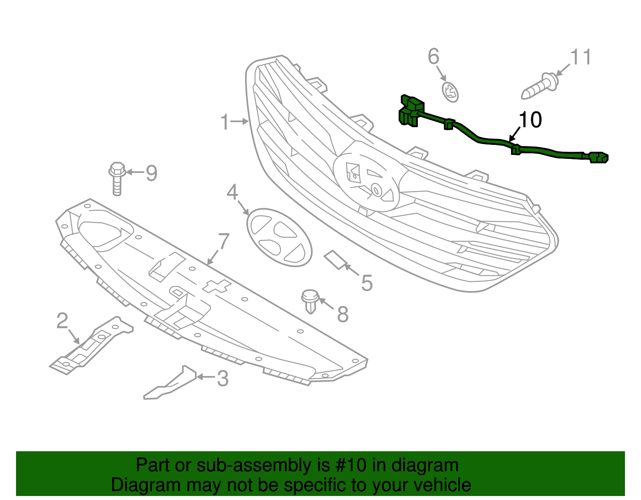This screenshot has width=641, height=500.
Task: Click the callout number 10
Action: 530,120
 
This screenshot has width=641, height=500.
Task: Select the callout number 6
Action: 433,56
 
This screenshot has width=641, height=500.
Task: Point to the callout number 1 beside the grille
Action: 225,122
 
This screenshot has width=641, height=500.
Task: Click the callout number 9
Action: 151,173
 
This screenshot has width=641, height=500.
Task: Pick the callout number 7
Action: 224,242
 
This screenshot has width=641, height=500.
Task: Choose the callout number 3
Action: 223,378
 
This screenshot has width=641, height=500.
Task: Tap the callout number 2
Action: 62,321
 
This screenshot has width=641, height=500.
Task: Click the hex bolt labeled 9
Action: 117,179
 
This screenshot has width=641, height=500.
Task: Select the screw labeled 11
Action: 540,86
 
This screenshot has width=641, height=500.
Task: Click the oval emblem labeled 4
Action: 279,237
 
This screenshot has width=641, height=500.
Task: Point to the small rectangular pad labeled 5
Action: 335,260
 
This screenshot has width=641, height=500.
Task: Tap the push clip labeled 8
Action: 310,301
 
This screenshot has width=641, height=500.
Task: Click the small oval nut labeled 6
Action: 450,92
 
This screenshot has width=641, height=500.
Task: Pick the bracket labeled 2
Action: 91,345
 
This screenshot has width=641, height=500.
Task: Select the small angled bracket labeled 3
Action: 170,383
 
